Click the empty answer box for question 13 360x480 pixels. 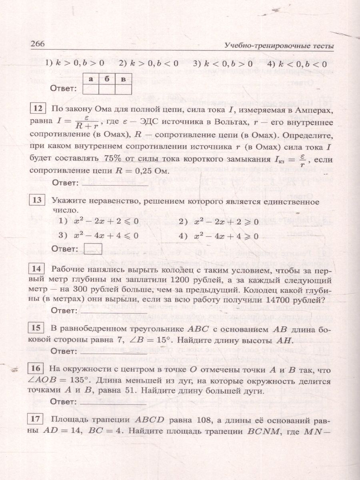point(94,248)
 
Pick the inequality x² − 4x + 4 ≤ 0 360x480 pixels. point(106,236)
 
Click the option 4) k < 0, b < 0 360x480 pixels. point(296,63)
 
